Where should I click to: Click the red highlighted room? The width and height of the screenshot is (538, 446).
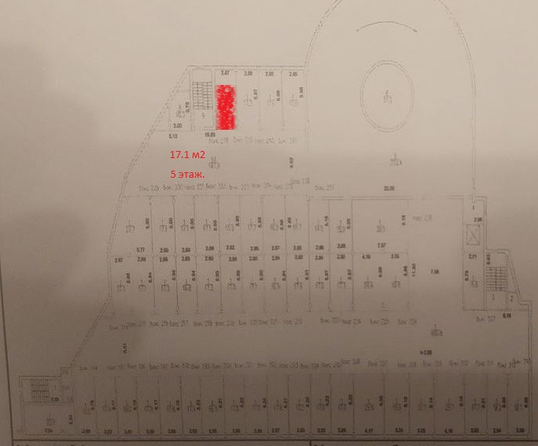click(227, 107)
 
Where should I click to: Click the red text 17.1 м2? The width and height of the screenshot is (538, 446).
click(187, 156)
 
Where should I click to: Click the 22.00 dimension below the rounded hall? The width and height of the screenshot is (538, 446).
click(388, 187)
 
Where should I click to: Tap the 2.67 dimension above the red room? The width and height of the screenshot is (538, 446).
click(226, 73)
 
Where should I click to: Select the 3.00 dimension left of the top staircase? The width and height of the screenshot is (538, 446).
click(179, 125)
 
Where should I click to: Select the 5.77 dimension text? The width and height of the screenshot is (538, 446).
click(142, 249)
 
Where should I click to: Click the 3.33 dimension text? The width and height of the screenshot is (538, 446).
click(395, 256)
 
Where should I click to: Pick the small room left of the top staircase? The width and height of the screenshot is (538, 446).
click(180, 110)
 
